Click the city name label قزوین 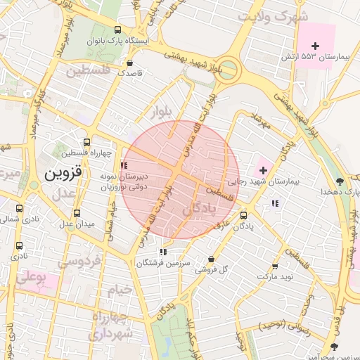[63, 172]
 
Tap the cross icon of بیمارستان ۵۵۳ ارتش [315, 46]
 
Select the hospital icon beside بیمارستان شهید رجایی [263, 169]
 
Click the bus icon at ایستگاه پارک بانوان [117, 30]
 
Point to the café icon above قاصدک [128, 61]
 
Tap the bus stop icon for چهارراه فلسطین [86, 142]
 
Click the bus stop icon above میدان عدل [77, 213]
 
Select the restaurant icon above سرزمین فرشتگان [163, 252]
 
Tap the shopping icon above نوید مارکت [274, 266]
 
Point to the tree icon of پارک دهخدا [340, 181]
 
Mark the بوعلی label [30, 278]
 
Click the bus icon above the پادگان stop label [243, 215]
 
